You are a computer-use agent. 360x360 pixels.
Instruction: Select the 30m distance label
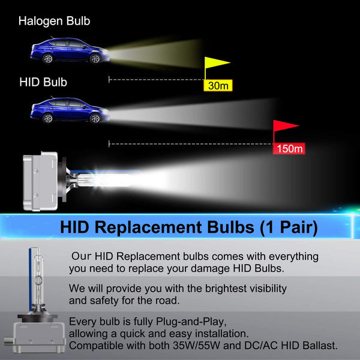218,86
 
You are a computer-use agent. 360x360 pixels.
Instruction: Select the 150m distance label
289,149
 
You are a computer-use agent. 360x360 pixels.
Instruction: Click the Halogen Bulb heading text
54,21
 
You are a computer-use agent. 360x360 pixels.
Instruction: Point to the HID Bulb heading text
43,82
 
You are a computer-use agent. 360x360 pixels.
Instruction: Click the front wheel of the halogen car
95,59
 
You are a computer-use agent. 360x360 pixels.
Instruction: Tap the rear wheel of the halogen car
48,58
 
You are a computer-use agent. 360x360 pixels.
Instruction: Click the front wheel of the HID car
95,118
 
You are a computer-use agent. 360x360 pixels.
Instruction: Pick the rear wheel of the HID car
48,118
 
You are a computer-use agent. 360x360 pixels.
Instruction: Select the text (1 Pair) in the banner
289,228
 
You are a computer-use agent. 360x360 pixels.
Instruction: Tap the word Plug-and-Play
191,322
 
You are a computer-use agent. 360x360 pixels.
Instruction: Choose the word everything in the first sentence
293,257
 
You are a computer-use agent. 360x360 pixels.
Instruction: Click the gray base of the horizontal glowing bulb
40,181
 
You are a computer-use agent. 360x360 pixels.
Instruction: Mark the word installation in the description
222,334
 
